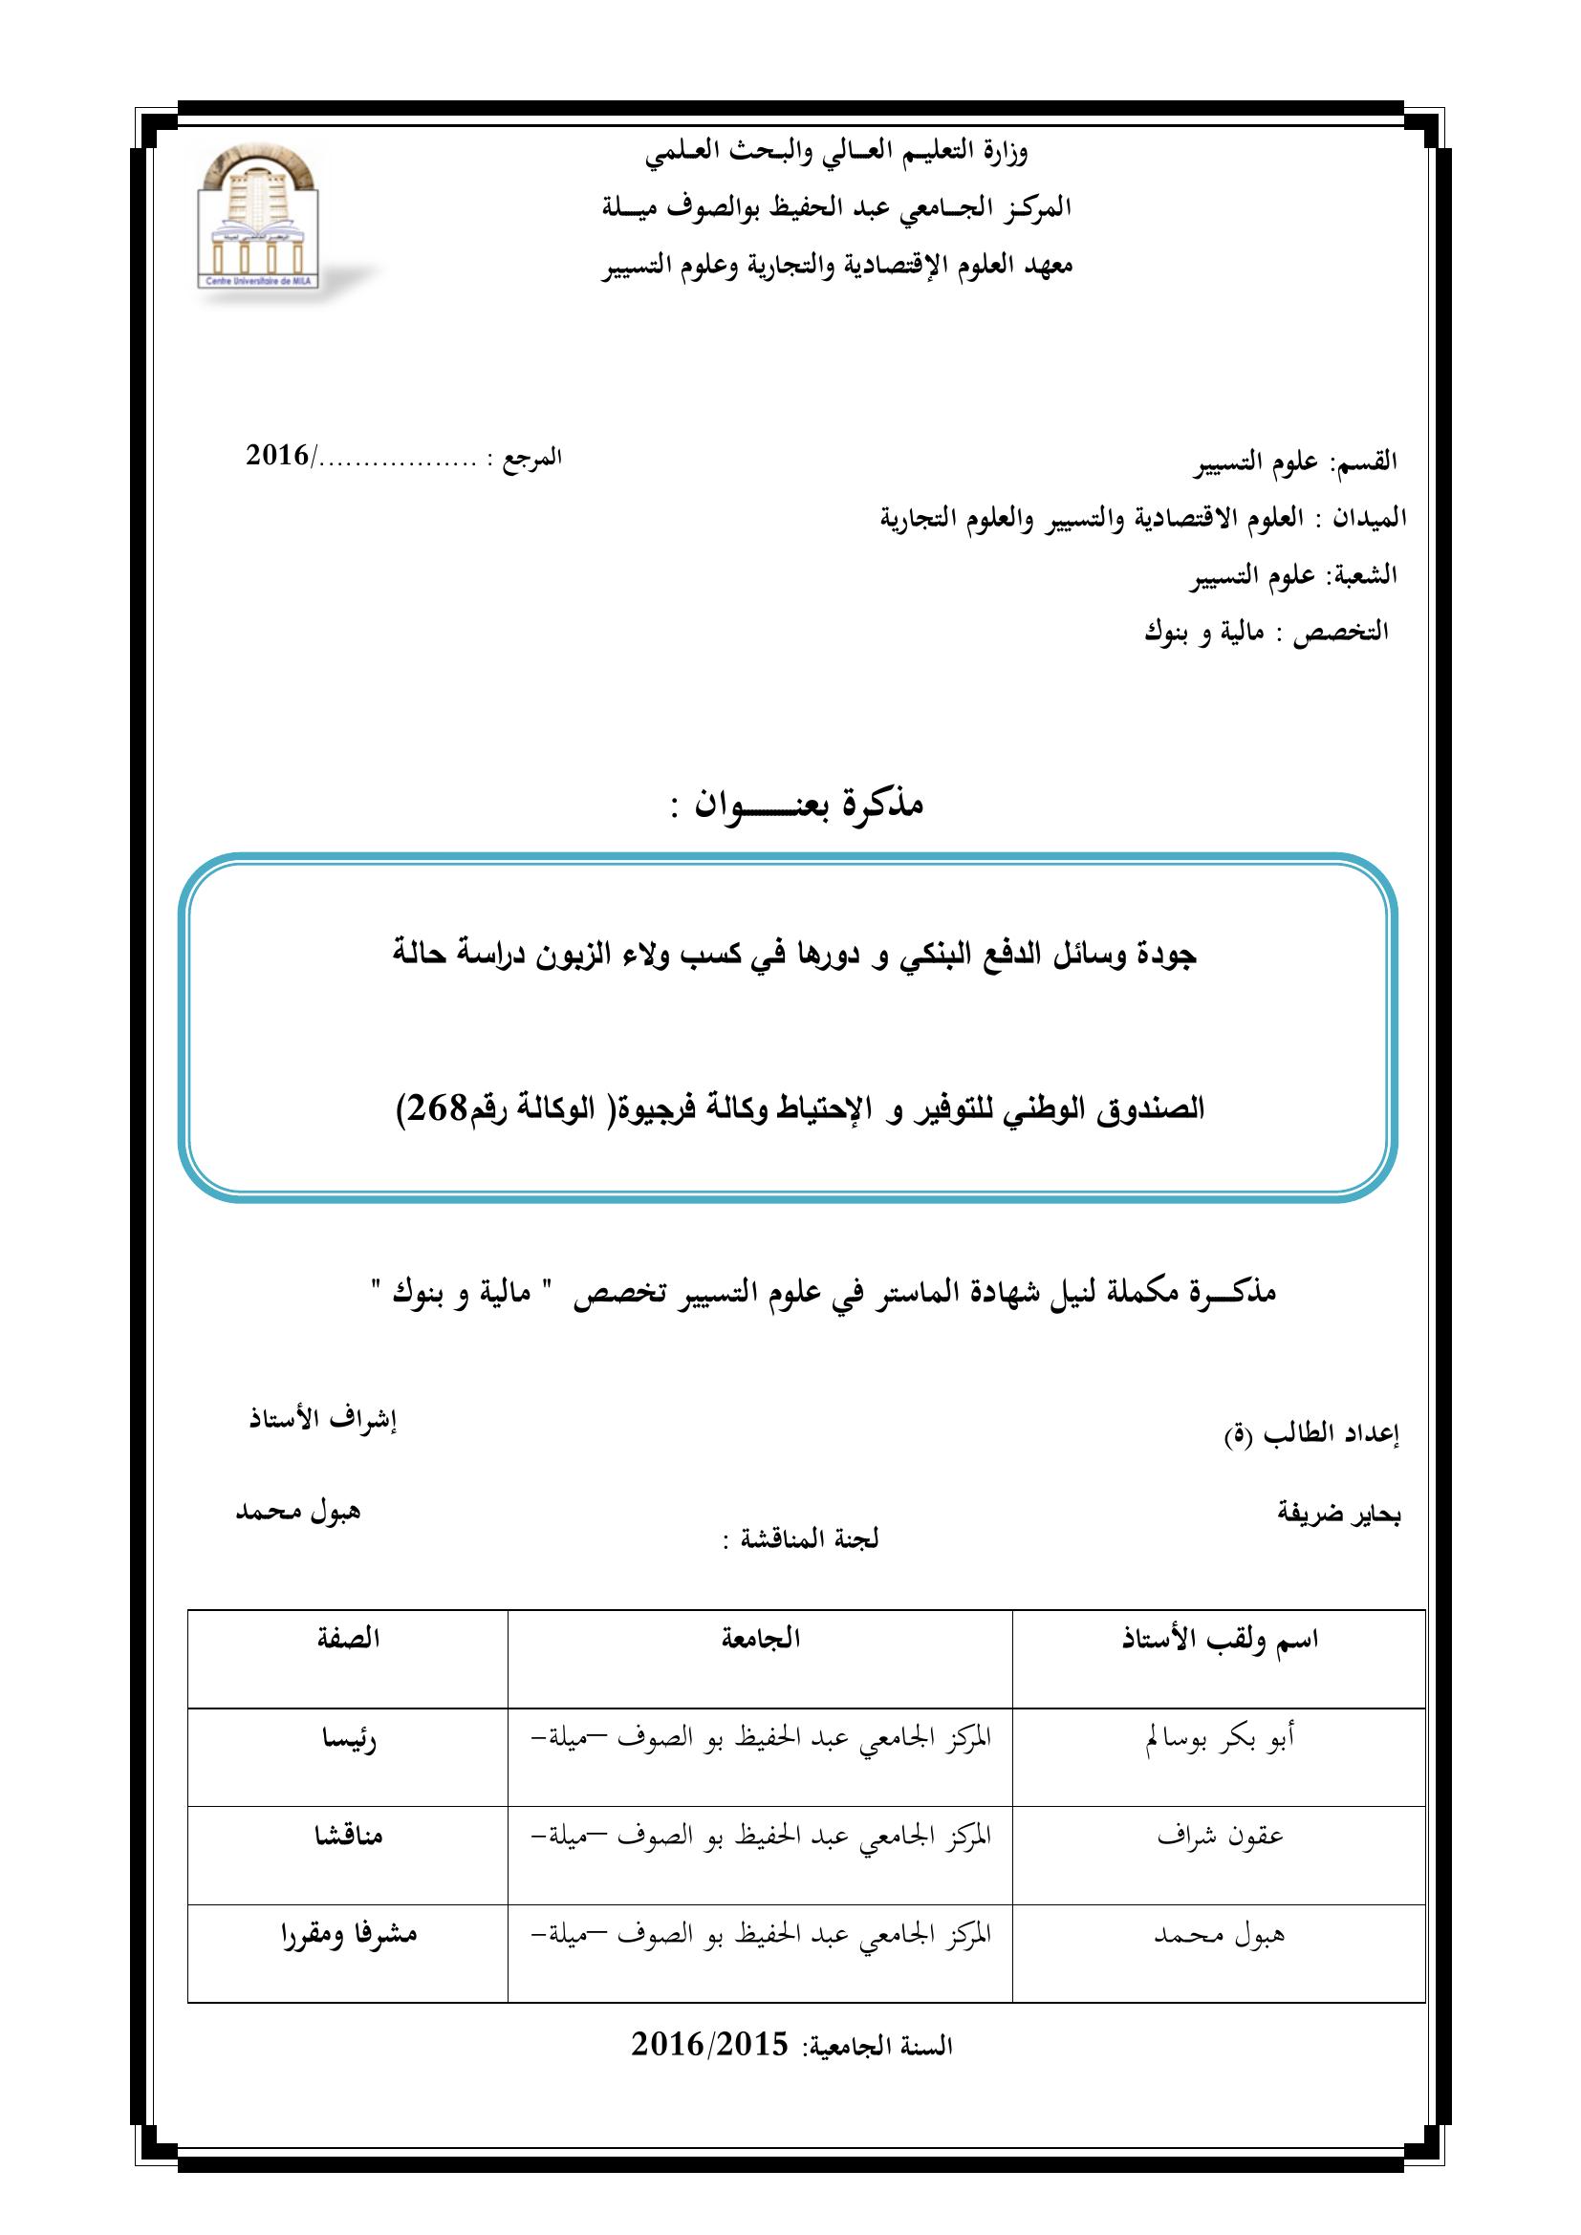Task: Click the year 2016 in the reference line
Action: [277, 455]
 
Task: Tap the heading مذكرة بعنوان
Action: [796, 803]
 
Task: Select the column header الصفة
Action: [348, 1639]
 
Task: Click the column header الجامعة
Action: [760, 1639]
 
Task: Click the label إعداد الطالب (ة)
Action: [1311, 1437]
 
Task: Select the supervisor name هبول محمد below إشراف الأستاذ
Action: [298, 1512]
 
